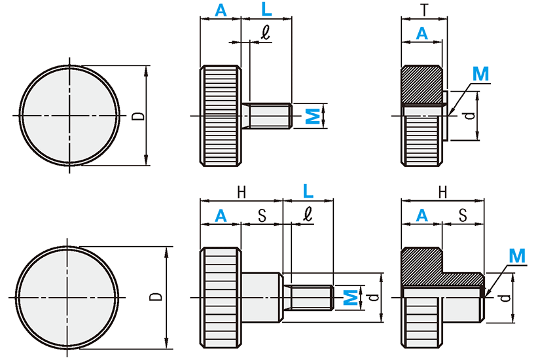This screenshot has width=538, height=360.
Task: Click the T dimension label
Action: (425, 10)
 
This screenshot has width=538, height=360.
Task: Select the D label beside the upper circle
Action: (138, 116)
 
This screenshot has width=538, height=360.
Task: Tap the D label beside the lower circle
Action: (156, 297)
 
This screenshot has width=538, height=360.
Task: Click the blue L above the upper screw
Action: (266, 10)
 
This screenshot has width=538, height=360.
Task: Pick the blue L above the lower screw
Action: (308, 191)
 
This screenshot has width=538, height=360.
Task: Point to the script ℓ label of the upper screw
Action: (265, 33)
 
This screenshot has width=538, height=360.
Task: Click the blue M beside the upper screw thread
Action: (313, 116)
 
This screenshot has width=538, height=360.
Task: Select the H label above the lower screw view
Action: (242, 192)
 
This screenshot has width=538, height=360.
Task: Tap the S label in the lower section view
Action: (463, 215)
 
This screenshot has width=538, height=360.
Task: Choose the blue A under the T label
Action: (422, 33)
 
